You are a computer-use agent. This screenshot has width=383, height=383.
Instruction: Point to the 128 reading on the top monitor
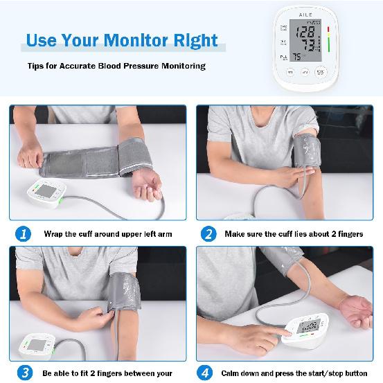(x=305, y=32)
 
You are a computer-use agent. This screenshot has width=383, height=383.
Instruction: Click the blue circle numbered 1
(x=24, y=234)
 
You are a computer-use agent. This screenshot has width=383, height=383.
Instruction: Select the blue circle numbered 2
(x=208, y=234)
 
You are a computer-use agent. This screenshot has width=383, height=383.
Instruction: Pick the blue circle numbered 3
(x=24, y=373)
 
